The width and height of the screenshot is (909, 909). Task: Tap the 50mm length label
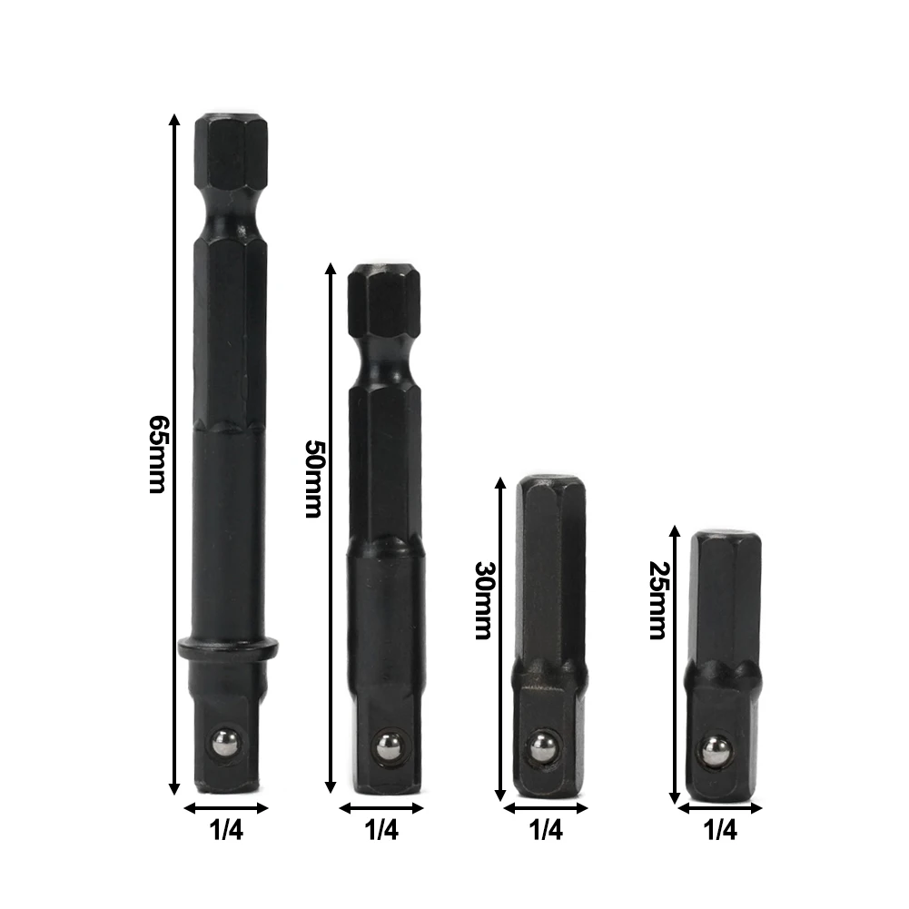coord(312,479)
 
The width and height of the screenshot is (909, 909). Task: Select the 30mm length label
coord(482,600)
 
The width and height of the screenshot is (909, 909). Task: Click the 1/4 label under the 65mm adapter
coord(227,828)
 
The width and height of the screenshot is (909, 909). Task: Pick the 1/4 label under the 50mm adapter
coord(381,828)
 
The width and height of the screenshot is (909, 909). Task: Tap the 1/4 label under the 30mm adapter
coord(545,828)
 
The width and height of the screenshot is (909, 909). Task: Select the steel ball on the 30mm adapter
coord(546,746)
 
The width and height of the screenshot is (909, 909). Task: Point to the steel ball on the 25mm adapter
coord(716,749)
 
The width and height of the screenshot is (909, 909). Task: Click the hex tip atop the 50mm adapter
coord(382,300)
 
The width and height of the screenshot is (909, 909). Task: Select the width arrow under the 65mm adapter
coord(227,807)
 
